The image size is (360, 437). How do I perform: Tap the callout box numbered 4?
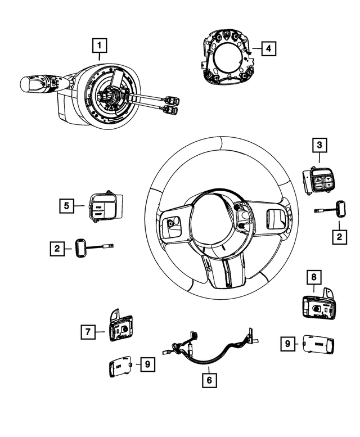pos(269,49)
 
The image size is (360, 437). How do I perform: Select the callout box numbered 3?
pos(319,146)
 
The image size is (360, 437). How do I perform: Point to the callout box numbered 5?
pos(66,206)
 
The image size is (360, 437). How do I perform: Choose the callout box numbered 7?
pos(88,332)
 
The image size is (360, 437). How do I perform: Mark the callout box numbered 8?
pos(314,277)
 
